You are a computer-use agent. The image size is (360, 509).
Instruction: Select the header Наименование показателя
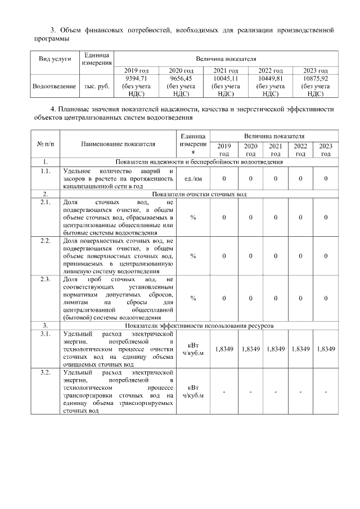118,144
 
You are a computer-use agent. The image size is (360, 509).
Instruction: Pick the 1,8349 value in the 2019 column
224,349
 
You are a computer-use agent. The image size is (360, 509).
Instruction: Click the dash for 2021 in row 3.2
276,392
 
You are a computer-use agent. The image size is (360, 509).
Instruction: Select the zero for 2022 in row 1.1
300,178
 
